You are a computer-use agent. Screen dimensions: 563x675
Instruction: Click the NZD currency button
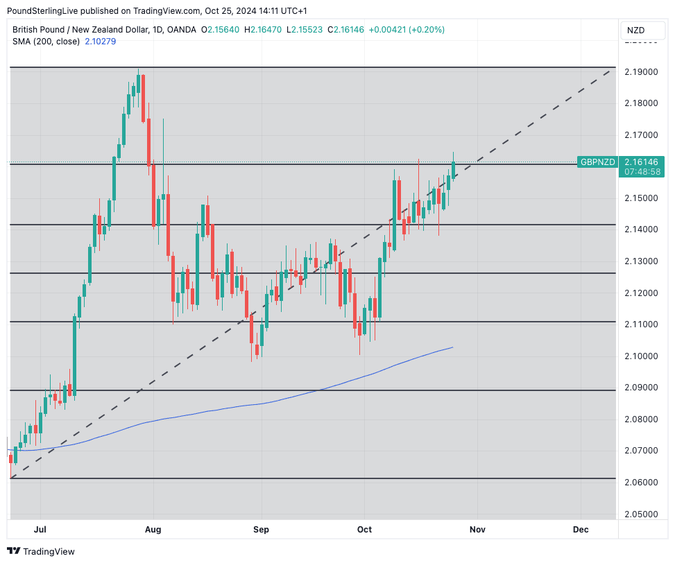[x=635, y=31]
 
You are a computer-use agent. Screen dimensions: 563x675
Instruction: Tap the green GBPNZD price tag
[x=597, y=162]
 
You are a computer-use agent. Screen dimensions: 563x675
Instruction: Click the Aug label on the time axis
[x=153, y=530]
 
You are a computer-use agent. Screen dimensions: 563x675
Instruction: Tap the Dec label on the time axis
[x=581, y=530]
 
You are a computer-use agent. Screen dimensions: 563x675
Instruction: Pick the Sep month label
[x=261, y=530]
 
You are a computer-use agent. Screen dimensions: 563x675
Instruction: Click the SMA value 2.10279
[x=100, y=42]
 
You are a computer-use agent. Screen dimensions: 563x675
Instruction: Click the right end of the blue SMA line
[x=452, y=347]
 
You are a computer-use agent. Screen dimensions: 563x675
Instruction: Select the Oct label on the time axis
[x=364, y=530]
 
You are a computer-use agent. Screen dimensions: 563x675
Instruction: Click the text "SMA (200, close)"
[x=46, y=42]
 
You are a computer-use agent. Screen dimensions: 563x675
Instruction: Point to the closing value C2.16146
[x=345, y=30]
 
